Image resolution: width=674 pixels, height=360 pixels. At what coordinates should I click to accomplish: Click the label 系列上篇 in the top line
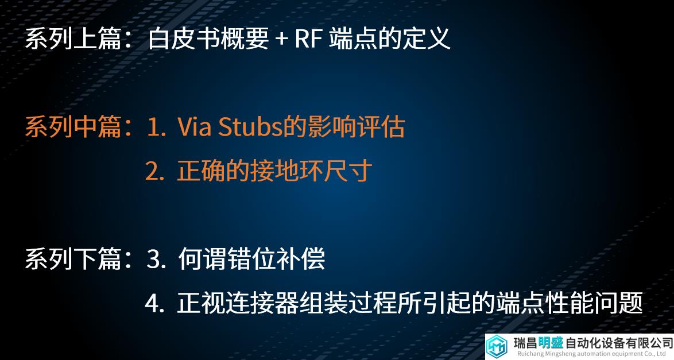pos(73,38)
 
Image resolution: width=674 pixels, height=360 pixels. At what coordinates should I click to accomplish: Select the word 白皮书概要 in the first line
pos(208,38)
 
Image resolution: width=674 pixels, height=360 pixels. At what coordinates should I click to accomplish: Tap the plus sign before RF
pos(281,38)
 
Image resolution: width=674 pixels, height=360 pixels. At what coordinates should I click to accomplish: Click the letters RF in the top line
pos(309,38)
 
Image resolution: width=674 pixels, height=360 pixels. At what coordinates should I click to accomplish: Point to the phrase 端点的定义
pos(390,38)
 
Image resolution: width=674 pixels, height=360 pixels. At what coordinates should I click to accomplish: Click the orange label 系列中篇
pos(73,127)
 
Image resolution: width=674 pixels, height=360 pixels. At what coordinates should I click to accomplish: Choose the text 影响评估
pos(356,127)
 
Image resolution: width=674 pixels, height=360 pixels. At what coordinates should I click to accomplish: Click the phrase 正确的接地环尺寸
pos(274,171)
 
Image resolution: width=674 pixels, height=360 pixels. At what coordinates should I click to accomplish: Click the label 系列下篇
pos(73,259)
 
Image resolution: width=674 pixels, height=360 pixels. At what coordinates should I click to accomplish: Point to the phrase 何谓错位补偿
pos(251,259)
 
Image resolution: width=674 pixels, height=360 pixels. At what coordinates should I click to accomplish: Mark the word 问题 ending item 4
pos(618,303)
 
